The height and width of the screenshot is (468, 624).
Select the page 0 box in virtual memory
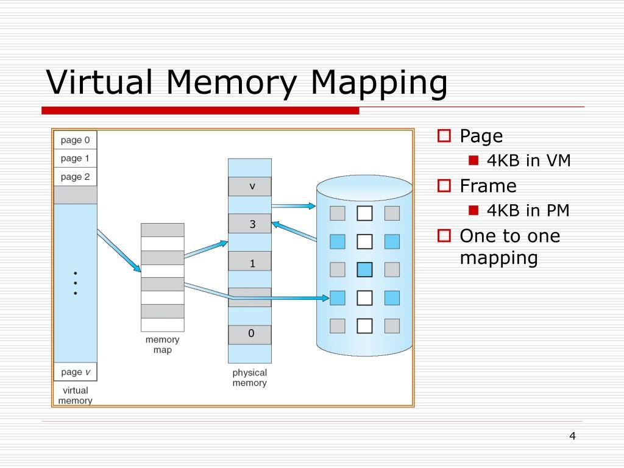point(76,140)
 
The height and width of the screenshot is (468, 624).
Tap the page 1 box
point(76,158)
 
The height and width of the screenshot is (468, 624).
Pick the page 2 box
point(76,177)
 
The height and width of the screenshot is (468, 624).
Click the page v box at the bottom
point(76,372)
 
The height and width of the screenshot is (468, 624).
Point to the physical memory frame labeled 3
point(250,224)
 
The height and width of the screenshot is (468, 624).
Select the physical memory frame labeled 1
point(250,263)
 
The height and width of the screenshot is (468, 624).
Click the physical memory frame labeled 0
point(250,334)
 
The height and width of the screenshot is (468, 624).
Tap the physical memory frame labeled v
point(250,186)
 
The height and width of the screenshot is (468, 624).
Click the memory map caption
point(162,345)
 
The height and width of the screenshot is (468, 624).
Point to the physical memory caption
point(249,378)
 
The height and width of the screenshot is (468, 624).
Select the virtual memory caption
point(75,395)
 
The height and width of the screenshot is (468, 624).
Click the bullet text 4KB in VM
point(528,161)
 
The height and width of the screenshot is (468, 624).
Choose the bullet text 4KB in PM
point(528,211)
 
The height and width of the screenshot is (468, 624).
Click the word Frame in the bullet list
point(487,186)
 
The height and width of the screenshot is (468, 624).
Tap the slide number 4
point(572,435)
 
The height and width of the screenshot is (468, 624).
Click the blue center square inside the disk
point(364,269)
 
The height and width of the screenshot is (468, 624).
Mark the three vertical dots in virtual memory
point(75,283)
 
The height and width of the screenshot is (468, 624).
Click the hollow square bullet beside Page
point(444,136)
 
